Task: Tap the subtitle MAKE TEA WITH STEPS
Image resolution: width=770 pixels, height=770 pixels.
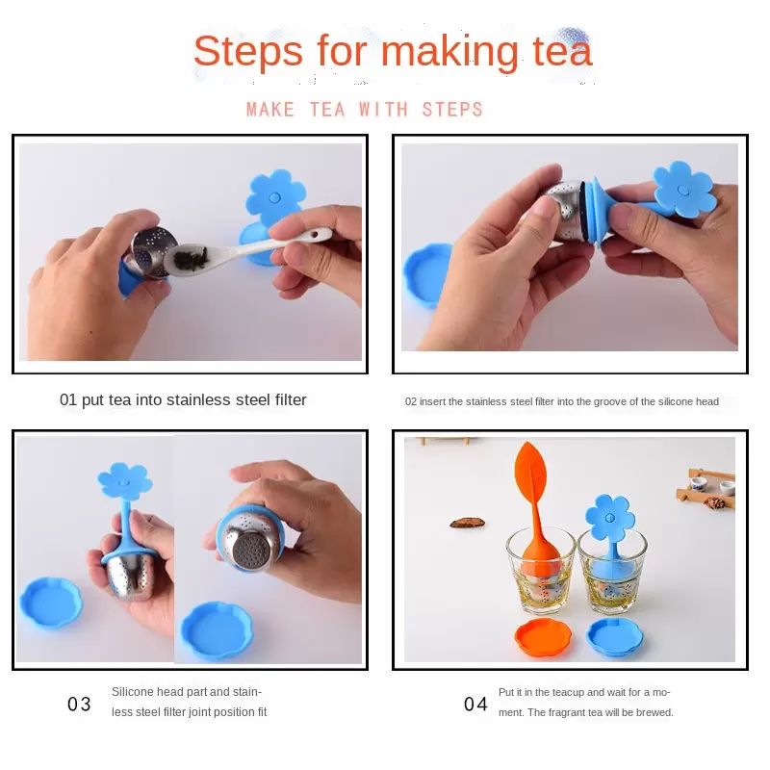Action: click(x=365, y=110)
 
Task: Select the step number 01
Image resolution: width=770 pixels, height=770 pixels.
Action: click(x=68, y=399)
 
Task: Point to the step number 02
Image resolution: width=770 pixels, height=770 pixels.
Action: click(x=411, y=401)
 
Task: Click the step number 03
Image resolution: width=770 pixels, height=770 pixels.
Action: click(x=79, y=705)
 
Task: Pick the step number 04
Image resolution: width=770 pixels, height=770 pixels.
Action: click(x=475, y=705)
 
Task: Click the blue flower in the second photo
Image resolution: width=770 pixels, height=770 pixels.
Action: click(x=683, y=189)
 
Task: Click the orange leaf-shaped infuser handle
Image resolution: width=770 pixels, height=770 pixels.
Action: click(x=535, y=481)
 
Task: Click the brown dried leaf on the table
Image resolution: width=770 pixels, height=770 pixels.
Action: click(x=467, y=524)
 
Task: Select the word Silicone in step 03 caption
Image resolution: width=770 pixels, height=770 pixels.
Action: click(x=133, y=691)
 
